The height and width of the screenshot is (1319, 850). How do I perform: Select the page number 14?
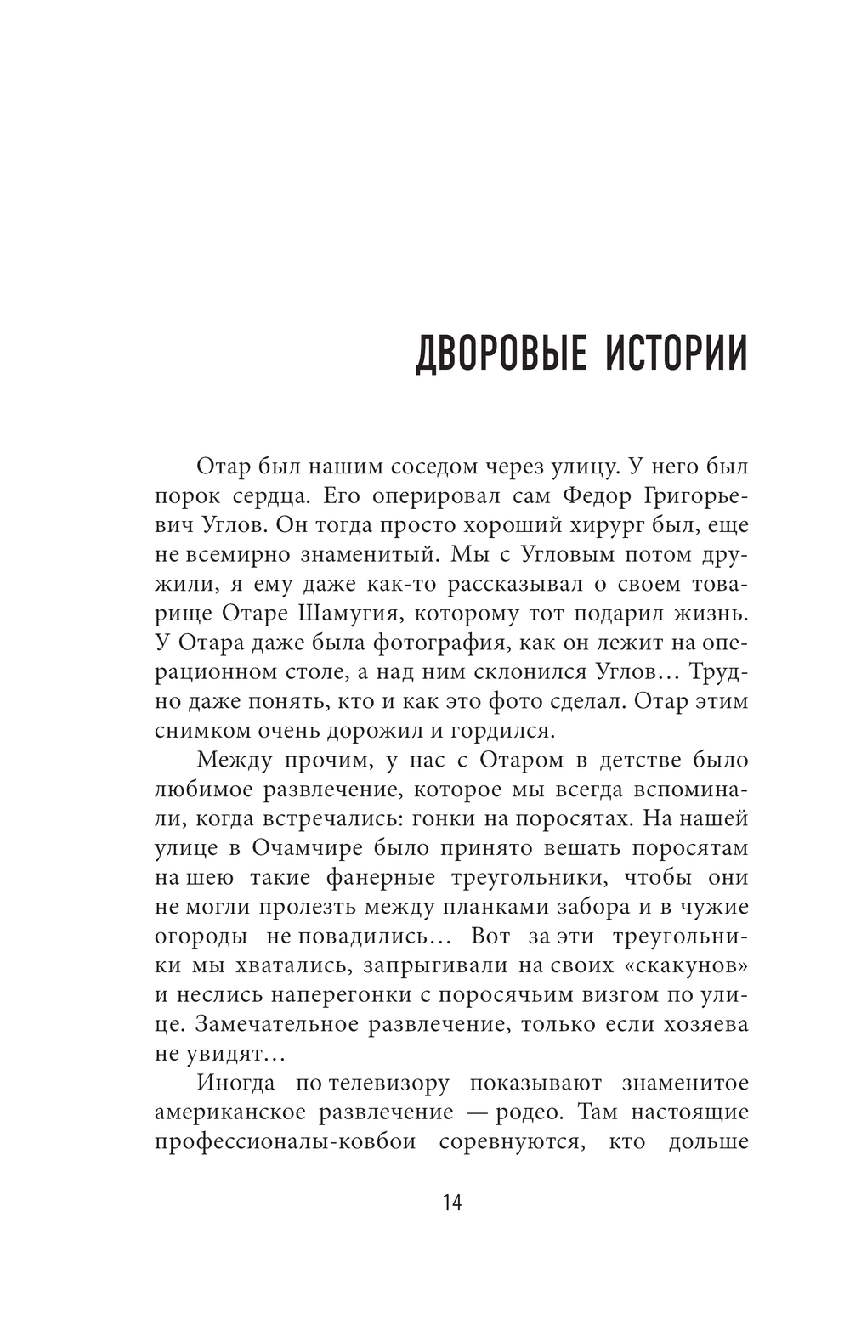[x=451, y=1203]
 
